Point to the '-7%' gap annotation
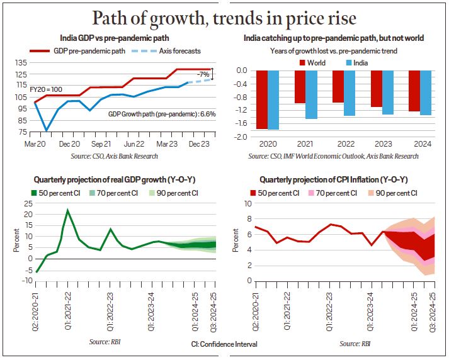(x=203, y=74)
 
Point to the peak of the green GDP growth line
(x=67, y=210)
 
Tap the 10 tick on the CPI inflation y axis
(x=247, y=204)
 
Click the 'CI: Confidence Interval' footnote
(x=224, y=344)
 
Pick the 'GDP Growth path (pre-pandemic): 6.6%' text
(x=162, y=114)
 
